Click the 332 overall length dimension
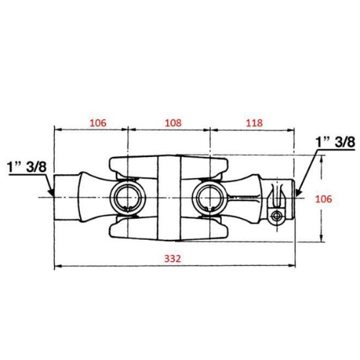[172, 258]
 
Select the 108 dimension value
[173, 123]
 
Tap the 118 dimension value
[254, 123]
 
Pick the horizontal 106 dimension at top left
[98, 123]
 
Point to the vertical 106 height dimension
[323, 199]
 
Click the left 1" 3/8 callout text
[27, 166]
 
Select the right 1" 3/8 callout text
[336, 142]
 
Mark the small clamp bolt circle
[277, 215]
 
